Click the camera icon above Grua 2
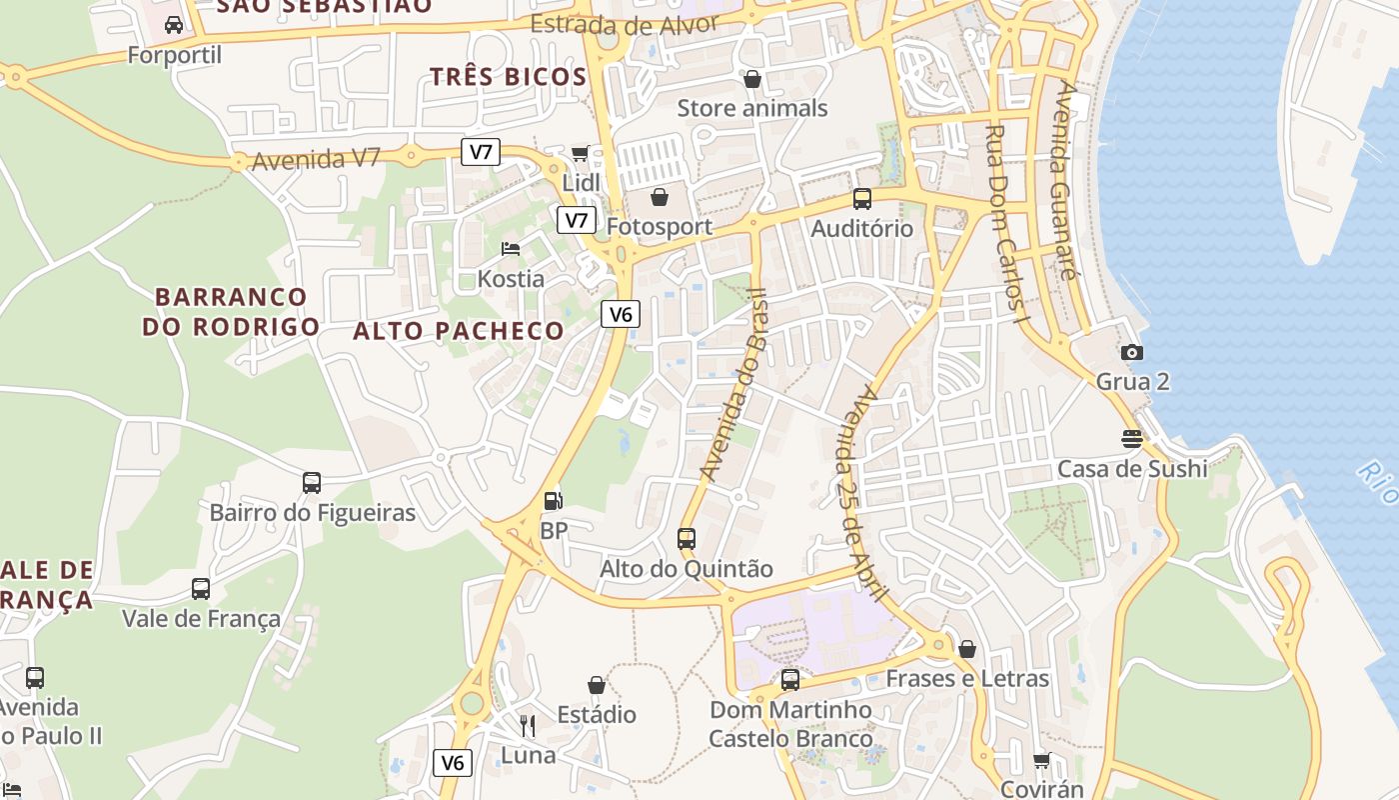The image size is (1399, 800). pyautogui.click(x=1131, y=352)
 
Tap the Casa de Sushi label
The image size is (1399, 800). pyautogui.click(x=1132, y=468)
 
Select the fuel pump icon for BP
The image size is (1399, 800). pyautogui.click(x=553, y=501)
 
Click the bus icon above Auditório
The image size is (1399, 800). pyautogui.click(x=861, y=199)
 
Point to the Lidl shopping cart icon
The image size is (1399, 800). pyautogui.click(x=580, y=153)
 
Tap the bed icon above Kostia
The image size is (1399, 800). pyautogui.click(x=511, y=248)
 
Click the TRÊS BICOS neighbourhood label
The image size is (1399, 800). pyautogui.click(x=508, y=77)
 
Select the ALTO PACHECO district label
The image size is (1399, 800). pyautogui.click(x=459, y=331)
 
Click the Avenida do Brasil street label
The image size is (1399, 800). pyautogui.click(x=731, y=385)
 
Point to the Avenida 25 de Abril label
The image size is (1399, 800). pyautogui.click(x=858, y=493)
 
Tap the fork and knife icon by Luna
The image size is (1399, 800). pyautogui.click(x=528, y=725)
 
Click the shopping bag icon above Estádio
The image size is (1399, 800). pyautogui.click(x=597, y=685)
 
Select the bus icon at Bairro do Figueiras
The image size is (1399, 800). pyautogui.click(x=312, y=483)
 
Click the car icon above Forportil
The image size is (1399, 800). pyautogui.click(x=174, y=25)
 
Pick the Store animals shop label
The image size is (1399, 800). pyautogui.click(x=752, y=108)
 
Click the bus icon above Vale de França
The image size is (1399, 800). pyautogui.click(x=201, y=588)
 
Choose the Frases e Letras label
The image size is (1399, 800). pyautogui.click(x=967, y=678)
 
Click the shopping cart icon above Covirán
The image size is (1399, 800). pyautogui.click(x=1041, y=761)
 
